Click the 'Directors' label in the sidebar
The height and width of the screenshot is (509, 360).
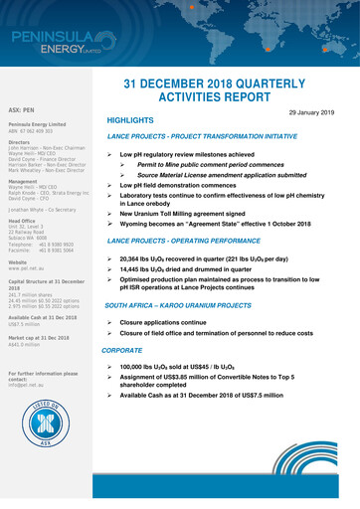click(x=21, y=142)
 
